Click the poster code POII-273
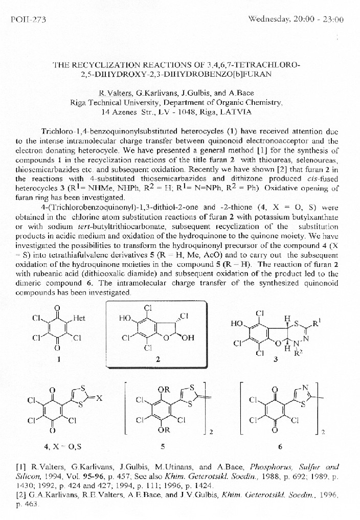pos(28,20)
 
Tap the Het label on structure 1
pos(79,318)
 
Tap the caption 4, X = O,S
pos(63,446)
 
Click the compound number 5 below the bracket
pos(162,446)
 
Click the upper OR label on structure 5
pos(164,390)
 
